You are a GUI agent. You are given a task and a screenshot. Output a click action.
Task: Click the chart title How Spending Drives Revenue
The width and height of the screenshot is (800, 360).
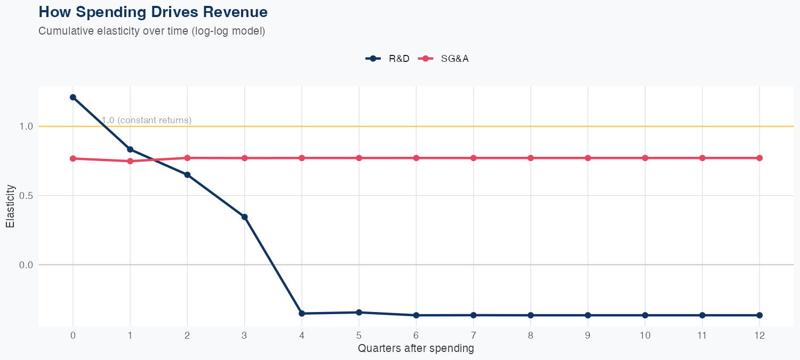(153, 12)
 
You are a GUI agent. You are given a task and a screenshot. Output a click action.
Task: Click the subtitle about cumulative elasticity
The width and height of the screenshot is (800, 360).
(151, 31)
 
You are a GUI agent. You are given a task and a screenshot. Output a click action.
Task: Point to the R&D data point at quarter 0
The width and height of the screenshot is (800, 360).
(73, 97)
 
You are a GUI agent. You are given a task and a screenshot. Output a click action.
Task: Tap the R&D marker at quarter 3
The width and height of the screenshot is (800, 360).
(245, 217)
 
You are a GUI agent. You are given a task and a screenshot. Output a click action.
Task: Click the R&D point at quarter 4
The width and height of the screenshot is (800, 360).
(302, 314)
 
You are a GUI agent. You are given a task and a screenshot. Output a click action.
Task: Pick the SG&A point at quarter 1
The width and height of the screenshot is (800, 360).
(130, 161)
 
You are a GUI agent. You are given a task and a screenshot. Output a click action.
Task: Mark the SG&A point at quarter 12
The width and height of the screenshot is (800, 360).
(759, 158)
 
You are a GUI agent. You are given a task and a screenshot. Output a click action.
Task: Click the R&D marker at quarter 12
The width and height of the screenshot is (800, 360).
(759, 315)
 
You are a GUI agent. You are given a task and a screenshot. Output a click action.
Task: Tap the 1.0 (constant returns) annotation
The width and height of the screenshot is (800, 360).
(146, 121)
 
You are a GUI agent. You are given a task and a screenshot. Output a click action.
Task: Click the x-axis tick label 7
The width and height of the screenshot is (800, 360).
(473, 336)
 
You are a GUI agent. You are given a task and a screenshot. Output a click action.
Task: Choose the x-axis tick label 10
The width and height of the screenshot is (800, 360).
(645, 336)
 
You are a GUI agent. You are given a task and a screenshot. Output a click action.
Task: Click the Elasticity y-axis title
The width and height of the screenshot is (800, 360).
(10, 206)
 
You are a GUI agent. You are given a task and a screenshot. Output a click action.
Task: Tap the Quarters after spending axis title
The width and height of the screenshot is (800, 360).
(416, 349)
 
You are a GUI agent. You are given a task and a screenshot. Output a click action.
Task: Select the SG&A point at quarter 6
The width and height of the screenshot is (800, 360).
(416, 158)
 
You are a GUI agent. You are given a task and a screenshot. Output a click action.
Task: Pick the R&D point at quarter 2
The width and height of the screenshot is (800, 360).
(187, 175)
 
